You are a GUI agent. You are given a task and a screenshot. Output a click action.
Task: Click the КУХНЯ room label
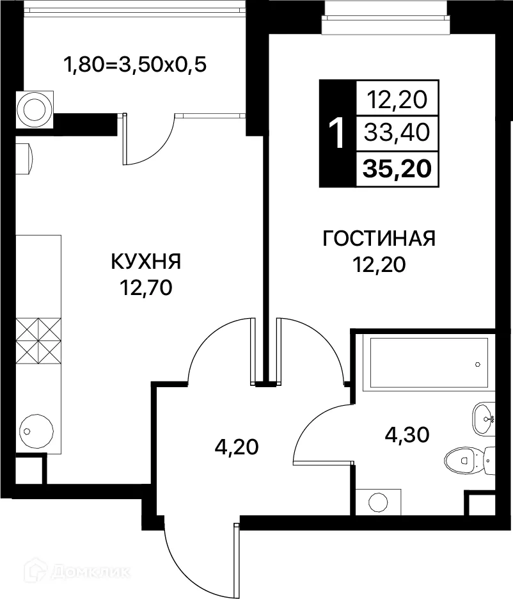[x=146, y=262]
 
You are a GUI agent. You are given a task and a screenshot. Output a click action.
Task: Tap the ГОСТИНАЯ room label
[x=379, y=239]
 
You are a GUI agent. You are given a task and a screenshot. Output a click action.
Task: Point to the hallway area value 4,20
[x=236, y=446]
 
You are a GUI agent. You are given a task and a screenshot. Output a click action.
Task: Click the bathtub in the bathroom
[x=425, y=363]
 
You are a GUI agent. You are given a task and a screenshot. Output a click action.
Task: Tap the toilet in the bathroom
[x=464, y=458]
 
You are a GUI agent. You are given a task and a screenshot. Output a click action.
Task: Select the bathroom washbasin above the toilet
[x=483, y=419]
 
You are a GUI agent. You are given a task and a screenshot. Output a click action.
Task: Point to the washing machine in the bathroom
[x=377, y=502]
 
